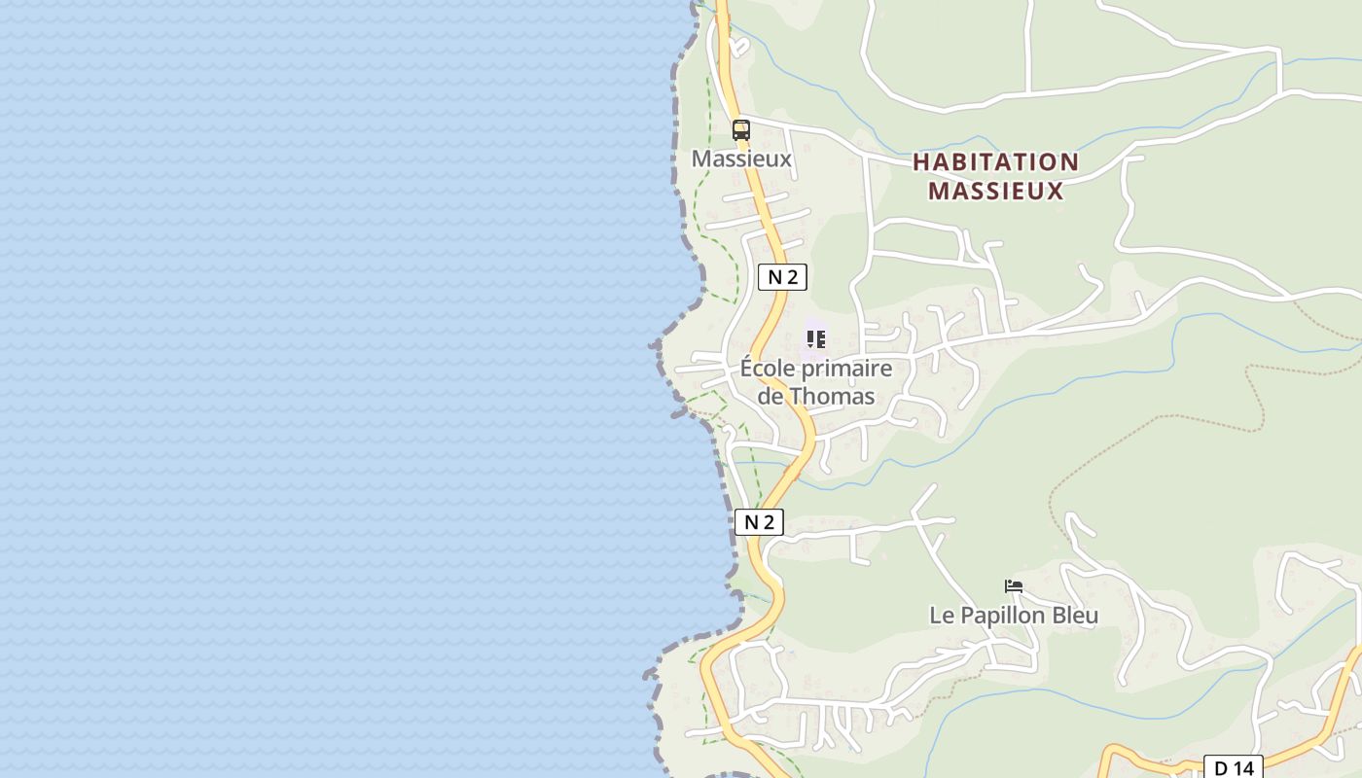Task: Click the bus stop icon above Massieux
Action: [741, 129]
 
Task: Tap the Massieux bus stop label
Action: [741, 159]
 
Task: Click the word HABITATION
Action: [995, 162]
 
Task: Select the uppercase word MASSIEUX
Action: [995, 191]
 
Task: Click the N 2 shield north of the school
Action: [782, 277]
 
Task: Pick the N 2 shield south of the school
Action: [758, 522]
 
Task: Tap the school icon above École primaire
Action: [815, 339]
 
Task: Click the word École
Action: [769, 370]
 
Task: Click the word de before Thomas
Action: [771, 397]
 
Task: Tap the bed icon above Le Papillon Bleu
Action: [1014, 586]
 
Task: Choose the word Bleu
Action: [1075, 616]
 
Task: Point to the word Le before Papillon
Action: [942, 616]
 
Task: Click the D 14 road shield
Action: [1234, 767]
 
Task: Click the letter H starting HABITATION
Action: [921, 162]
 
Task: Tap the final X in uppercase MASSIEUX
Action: [1055, 191]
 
